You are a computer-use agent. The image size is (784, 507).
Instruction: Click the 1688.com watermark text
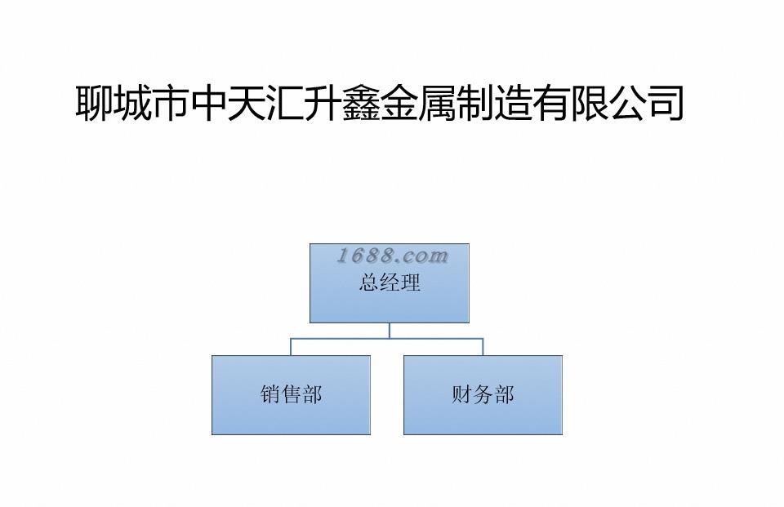393,256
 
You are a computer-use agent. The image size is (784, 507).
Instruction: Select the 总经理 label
390,283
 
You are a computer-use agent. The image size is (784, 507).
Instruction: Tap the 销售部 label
291,395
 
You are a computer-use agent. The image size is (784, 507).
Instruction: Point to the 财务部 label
483,395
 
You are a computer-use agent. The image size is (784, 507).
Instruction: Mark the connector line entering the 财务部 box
483,346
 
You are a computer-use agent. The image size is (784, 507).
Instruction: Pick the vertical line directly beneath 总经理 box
390,330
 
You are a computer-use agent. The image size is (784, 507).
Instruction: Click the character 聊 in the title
95,104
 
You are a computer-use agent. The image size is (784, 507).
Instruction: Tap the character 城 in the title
133,104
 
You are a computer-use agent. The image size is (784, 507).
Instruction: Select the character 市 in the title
171,104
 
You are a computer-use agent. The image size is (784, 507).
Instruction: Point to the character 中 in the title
209,104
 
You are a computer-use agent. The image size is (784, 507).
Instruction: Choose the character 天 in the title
247,104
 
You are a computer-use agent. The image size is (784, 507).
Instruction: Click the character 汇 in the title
285,104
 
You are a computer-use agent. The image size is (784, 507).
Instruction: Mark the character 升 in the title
323,104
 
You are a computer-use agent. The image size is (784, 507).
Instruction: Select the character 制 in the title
475,104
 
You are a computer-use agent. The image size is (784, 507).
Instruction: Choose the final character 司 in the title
666,104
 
